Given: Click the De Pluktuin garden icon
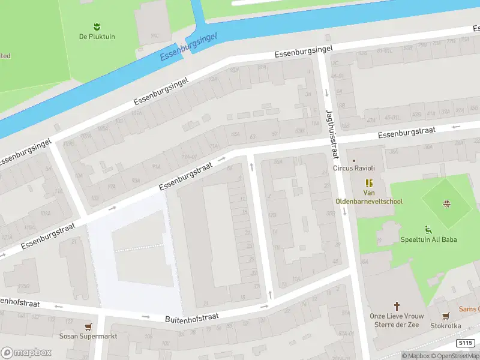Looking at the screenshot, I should click(x=96, y=26).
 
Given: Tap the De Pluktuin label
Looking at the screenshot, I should click(x=96, y=37).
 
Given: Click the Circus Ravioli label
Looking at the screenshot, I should click(x=354, y=169).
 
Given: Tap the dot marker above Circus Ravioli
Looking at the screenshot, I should click(x=354, y=160).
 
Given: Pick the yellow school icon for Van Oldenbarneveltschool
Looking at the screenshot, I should click(x=368, y=183).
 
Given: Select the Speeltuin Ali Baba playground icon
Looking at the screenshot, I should click(x=428, y=229).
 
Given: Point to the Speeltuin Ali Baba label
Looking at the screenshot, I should click(x=428, y=240).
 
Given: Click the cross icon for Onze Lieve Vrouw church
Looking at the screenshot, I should click(x=396, y=305).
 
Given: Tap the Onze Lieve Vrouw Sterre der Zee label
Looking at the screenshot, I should click(x=396, y=321).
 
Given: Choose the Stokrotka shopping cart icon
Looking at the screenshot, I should click(x=445, y=316).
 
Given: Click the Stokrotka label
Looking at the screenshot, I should click(x=445, y=326).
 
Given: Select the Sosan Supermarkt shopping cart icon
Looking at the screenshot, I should click(x=89, y=327).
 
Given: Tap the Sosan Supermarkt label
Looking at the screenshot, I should click(x=88, y=337).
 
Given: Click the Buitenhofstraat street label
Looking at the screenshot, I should click(x=191, y=317).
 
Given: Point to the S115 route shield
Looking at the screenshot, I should click(x=464, y=343).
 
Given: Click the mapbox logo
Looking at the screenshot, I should click(x=26, y=352).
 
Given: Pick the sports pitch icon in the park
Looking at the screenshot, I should click(x=446, y=203).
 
